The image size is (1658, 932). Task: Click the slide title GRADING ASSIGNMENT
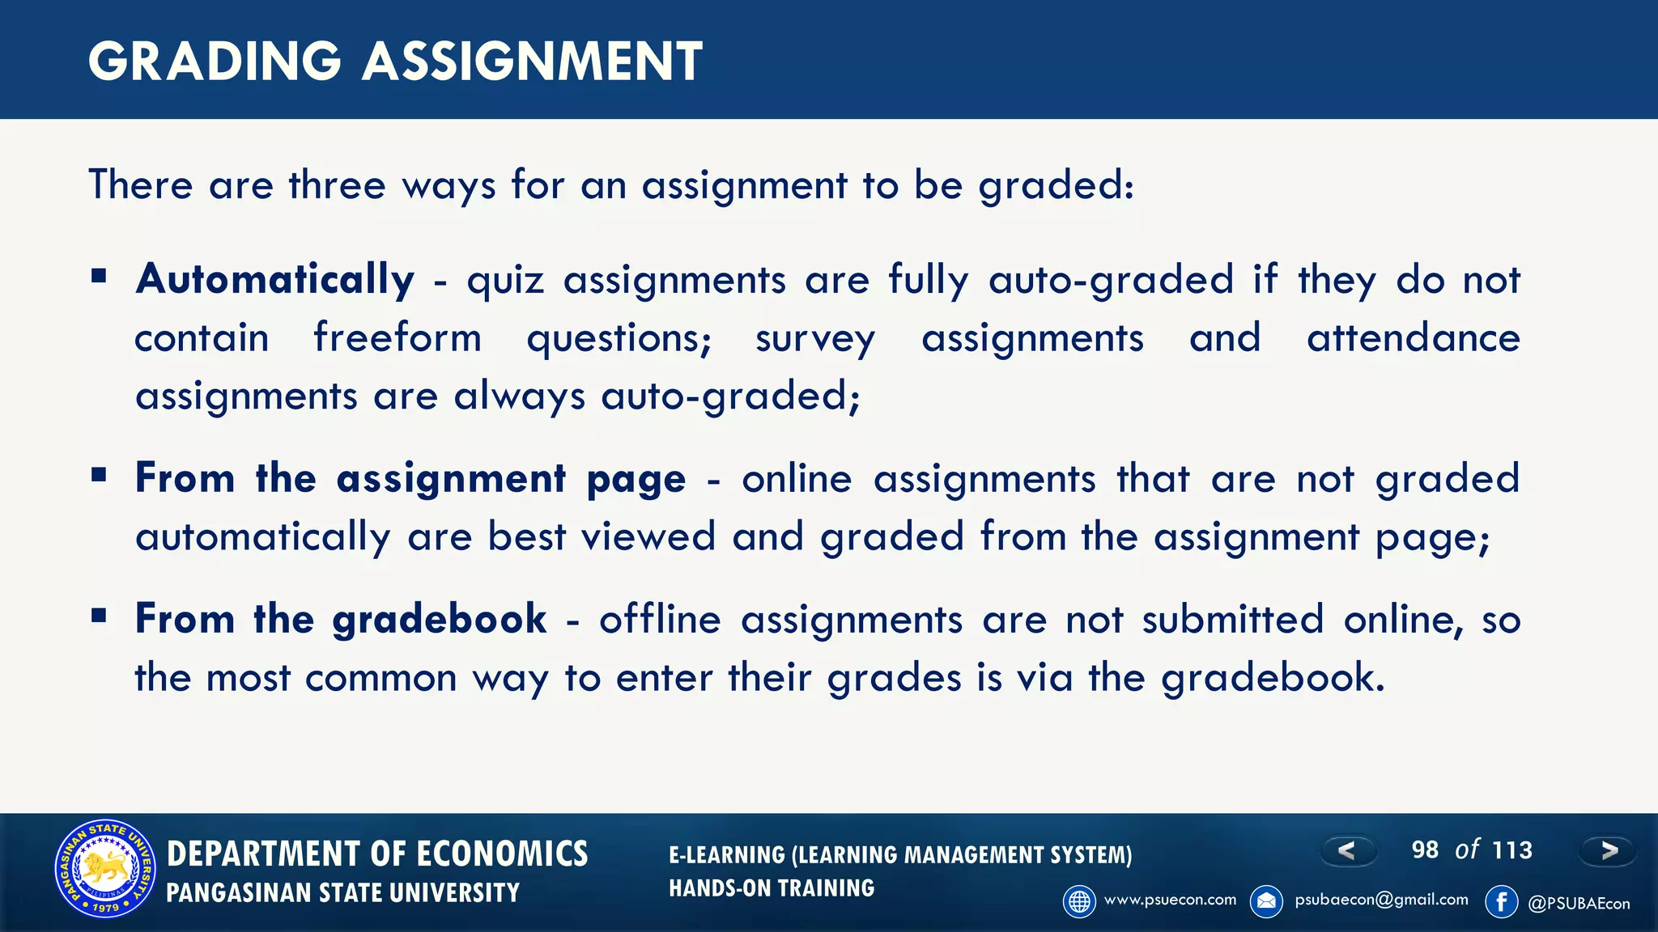[x=395, y=61]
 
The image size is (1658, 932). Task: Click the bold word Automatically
[x=275, y=280]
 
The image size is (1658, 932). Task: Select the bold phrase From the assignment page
[x=410, y=478]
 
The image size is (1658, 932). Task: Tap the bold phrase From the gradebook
[x=341, y=619]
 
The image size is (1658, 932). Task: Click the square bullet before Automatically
[x=100, y=277]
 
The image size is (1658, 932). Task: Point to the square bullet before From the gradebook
[x=100, y=616]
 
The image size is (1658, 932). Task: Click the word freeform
[x=397, y=338]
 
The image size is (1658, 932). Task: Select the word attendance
[x=1414, y=338]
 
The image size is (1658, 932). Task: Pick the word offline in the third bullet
[x=660, y=620]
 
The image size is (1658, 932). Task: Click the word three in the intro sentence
[x=337, y=185]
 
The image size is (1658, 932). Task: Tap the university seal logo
[x=105, y=870]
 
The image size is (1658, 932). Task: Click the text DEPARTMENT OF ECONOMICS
[x=377, y=854]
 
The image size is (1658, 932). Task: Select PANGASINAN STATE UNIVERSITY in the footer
[x=342, y=893]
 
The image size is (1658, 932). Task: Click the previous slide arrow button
[x=1347, y=850]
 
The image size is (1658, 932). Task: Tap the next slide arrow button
[x=1609, y=850]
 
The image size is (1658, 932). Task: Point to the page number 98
[x=1425, y=850]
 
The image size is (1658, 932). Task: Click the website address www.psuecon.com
[x=1170, y=900]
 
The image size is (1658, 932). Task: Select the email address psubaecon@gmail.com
[x=1381, y=900]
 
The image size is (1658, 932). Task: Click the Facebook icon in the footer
[x=1501, y=901]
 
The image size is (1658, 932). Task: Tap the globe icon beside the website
[x=1079, y=901]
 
